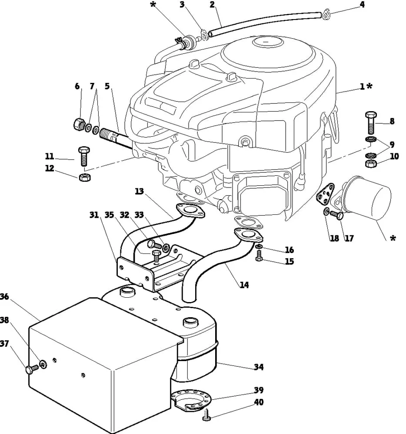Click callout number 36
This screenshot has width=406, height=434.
coord(4,297)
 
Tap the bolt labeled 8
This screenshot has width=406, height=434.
coord(371,123)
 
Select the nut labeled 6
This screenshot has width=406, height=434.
coord(79,124)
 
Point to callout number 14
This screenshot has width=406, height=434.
coord(244,285)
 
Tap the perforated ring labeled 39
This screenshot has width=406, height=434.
coord(191,398)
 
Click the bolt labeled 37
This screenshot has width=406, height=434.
coord(32,369)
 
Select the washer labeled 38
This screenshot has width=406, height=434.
coord(43,364)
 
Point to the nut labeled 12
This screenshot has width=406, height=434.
coord(84,177)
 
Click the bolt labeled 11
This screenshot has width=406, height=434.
coord(84,156)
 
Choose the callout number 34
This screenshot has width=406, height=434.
coord(259,367)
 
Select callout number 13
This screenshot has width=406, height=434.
coord(140,191)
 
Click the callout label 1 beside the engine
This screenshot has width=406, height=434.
coord(362,87)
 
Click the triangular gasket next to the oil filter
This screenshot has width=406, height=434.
coord(325,194)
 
